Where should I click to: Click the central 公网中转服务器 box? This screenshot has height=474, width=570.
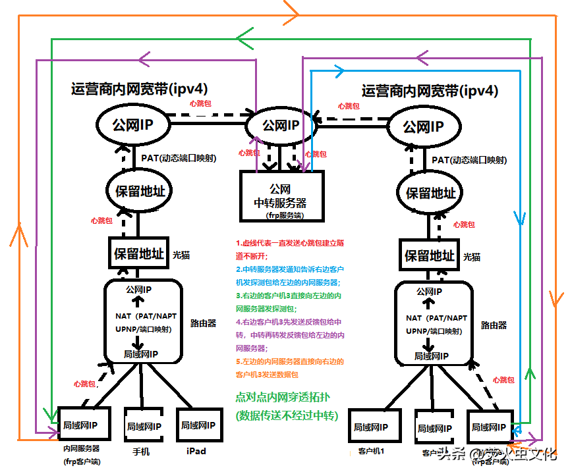[x=282, y=196]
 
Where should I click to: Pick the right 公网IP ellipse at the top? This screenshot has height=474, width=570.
[x=423, y=126]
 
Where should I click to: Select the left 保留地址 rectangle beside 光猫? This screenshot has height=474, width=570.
[x=140, y=253]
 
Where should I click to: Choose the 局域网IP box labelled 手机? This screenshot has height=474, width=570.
[x=144, y=426]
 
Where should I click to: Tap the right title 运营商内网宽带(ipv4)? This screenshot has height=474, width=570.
[x=430, y=90]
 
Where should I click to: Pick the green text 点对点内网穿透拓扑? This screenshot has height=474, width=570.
[x=286, y=398]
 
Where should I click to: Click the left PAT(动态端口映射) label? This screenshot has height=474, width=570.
[x=179, y=158]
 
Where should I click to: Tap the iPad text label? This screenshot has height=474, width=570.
[x=196, y=451]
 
